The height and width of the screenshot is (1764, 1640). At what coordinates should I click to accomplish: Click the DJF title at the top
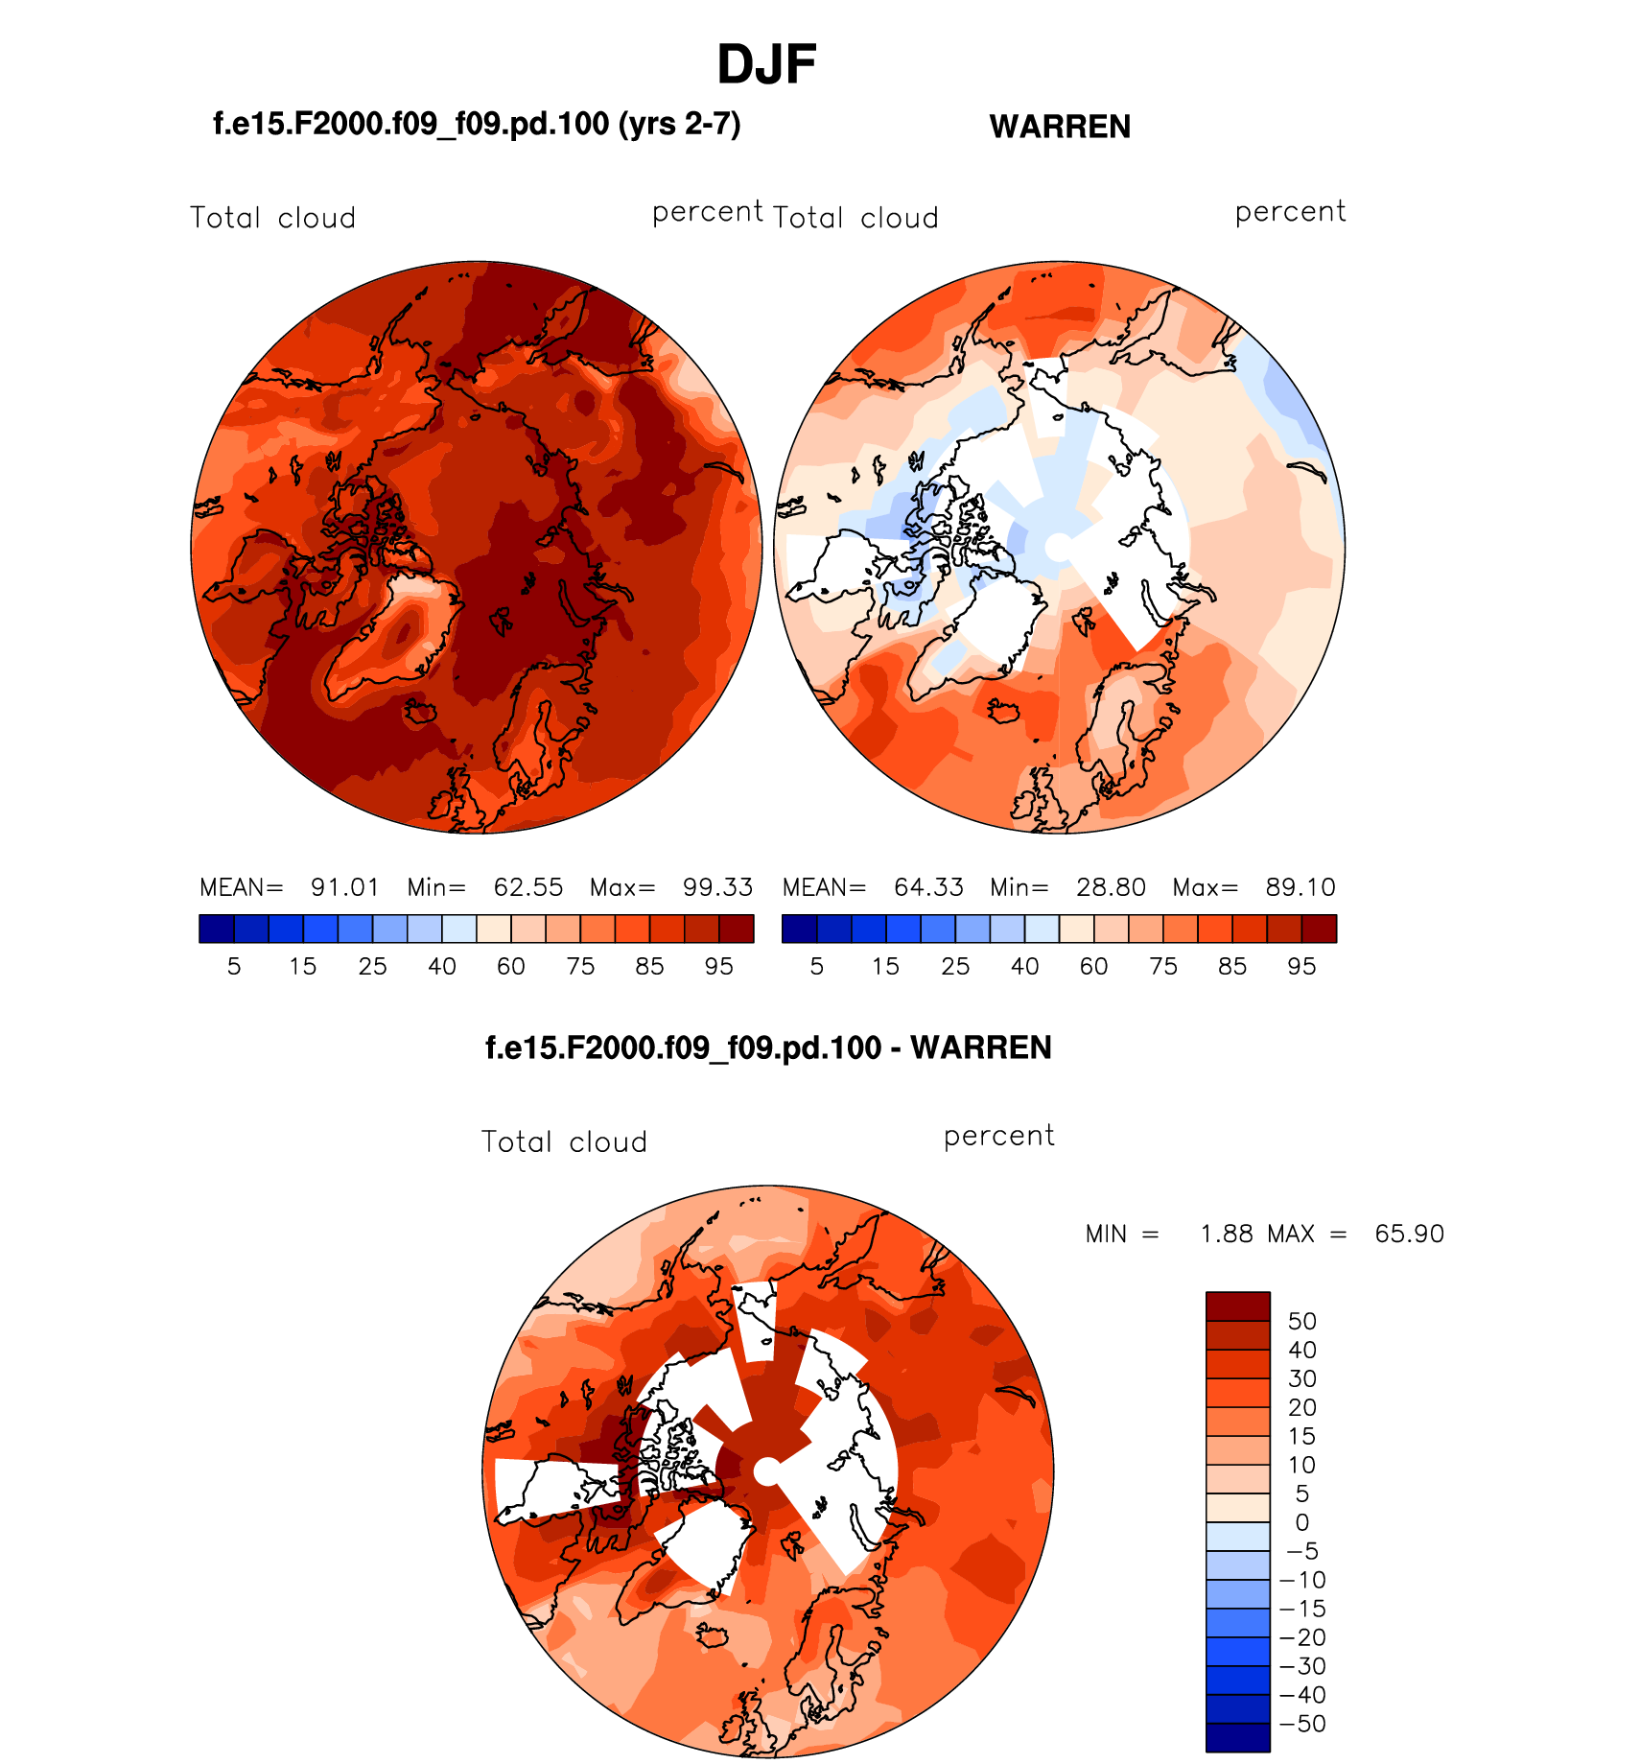click(765, 65)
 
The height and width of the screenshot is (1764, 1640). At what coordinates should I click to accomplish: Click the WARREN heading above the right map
click(1060, 127)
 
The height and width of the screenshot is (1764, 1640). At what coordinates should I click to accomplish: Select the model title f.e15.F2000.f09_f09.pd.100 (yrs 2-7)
click(477, 124)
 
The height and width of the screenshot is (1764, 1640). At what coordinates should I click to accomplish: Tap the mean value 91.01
click(344, 887)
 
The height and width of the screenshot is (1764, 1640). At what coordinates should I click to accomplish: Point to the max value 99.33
click(717, 887)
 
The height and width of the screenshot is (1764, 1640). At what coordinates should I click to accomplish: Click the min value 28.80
click(1111, 887)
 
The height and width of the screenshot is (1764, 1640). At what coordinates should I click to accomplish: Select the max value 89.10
click(1300, 887)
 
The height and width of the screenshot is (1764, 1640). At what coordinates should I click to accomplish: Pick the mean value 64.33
click(928, 887)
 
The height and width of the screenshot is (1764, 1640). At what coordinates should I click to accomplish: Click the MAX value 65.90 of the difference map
click(1409, 1234)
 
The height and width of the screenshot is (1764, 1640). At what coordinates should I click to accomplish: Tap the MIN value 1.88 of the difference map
click(1227, 1234)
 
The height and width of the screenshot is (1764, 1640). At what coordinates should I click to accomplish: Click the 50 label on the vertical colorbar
click(1301, 1321)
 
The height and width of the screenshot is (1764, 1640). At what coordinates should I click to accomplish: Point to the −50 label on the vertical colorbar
click(1302, 1724)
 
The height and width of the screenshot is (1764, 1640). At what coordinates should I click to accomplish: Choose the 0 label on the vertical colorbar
click(1301, 1522)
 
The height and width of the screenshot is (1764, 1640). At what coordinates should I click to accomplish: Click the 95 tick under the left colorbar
click(719, 967)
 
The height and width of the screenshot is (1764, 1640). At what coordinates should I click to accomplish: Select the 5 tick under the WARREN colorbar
click(817, 967)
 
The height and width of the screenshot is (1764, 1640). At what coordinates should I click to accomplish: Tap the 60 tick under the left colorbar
click(511, 967)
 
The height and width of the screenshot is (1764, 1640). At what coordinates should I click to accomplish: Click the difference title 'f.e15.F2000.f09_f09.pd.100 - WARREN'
click(768, 1047)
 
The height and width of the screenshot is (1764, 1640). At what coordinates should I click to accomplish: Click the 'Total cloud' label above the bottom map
click(564, 1141)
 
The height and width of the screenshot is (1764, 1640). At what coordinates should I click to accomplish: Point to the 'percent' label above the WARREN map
click(1290, 211)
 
